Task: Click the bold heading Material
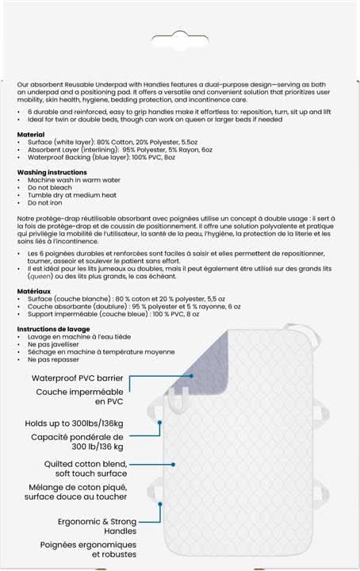click(31, 136)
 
